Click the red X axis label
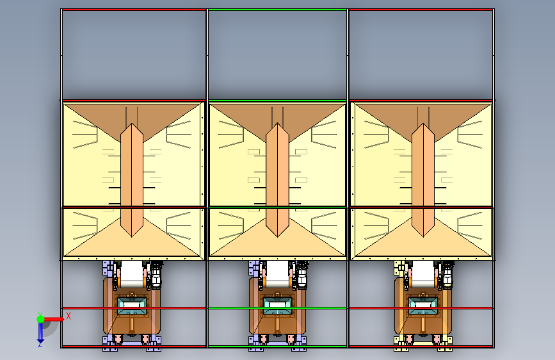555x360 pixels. [68, 315]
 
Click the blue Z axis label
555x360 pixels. [40, 344]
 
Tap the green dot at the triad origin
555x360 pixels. [40, 318]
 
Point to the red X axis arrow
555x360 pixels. [55, 318]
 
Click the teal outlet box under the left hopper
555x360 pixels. [132, 301]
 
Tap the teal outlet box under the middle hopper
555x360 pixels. [277, 302]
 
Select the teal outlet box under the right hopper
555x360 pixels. [422, 302]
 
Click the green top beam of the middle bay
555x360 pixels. [277, 10]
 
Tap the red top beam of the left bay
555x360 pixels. [134, 10]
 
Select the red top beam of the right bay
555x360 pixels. [421, 10]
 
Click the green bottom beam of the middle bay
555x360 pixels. [277, 347]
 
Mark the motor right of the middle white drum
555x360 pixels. [302, 275]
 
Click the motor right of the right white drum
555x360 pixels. [447, 275]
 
